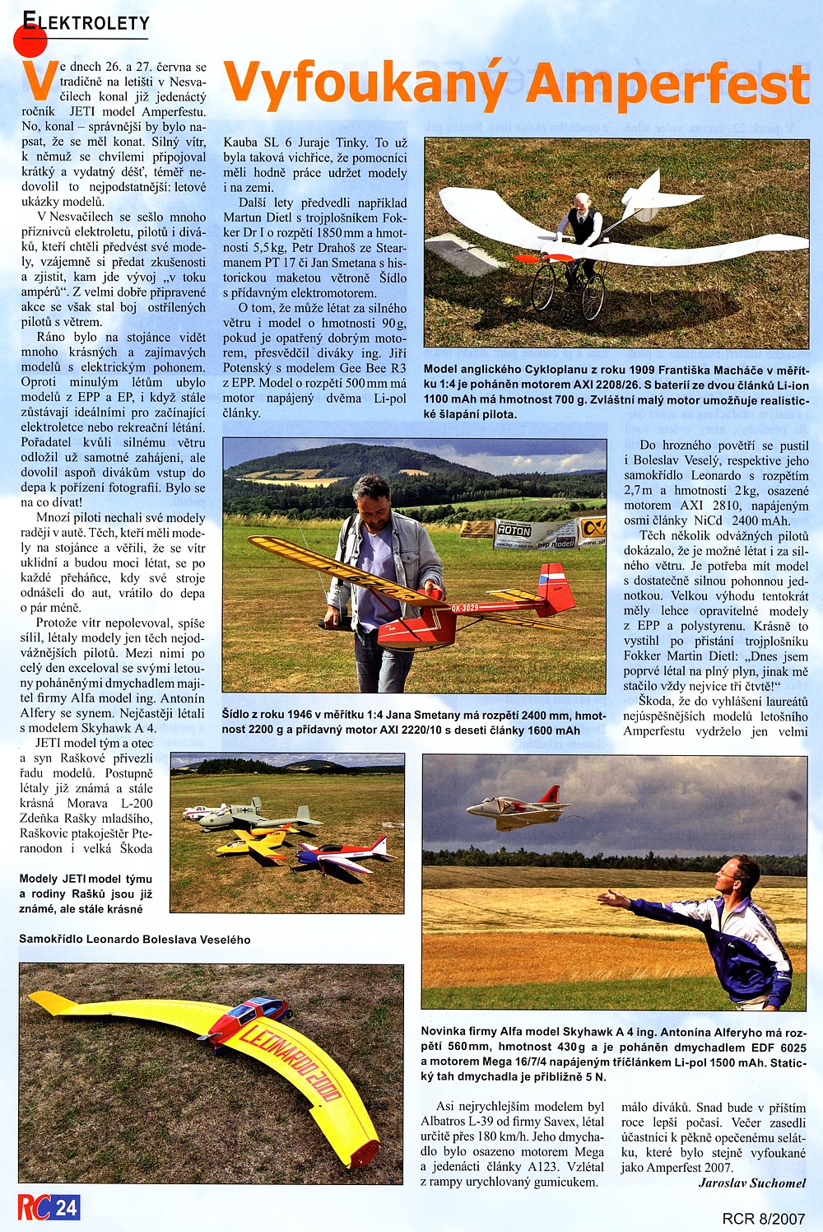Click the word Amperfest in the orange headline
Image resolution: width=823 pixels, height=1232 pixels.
coord(668,84)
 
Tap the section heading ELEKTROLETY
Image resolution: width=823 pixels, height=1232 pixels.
coord(86,22)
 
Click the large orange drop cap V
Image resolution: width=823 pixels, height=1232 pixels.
coord(38,80)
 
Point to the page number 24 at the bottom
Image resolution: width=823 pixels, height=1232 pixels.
coord(67,1207)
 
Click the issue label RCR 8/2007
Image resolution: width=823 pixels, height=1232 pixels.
coord(763,1218)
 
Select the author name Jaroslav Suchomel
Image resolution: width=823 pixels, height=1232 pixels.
coord(752,1183)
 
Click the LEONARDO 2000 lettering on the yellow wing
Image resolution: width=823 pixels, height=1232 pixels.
coord(288,1062)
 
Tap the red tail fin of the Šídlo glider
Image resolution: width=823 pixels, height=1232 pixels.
coord(556,588)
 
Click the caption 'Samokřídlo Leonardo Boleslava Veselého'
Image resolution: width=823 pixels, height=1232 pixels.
coord(135,939)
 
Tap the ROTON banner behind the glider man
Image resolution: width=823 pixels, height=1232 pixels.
coord(514,531)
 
